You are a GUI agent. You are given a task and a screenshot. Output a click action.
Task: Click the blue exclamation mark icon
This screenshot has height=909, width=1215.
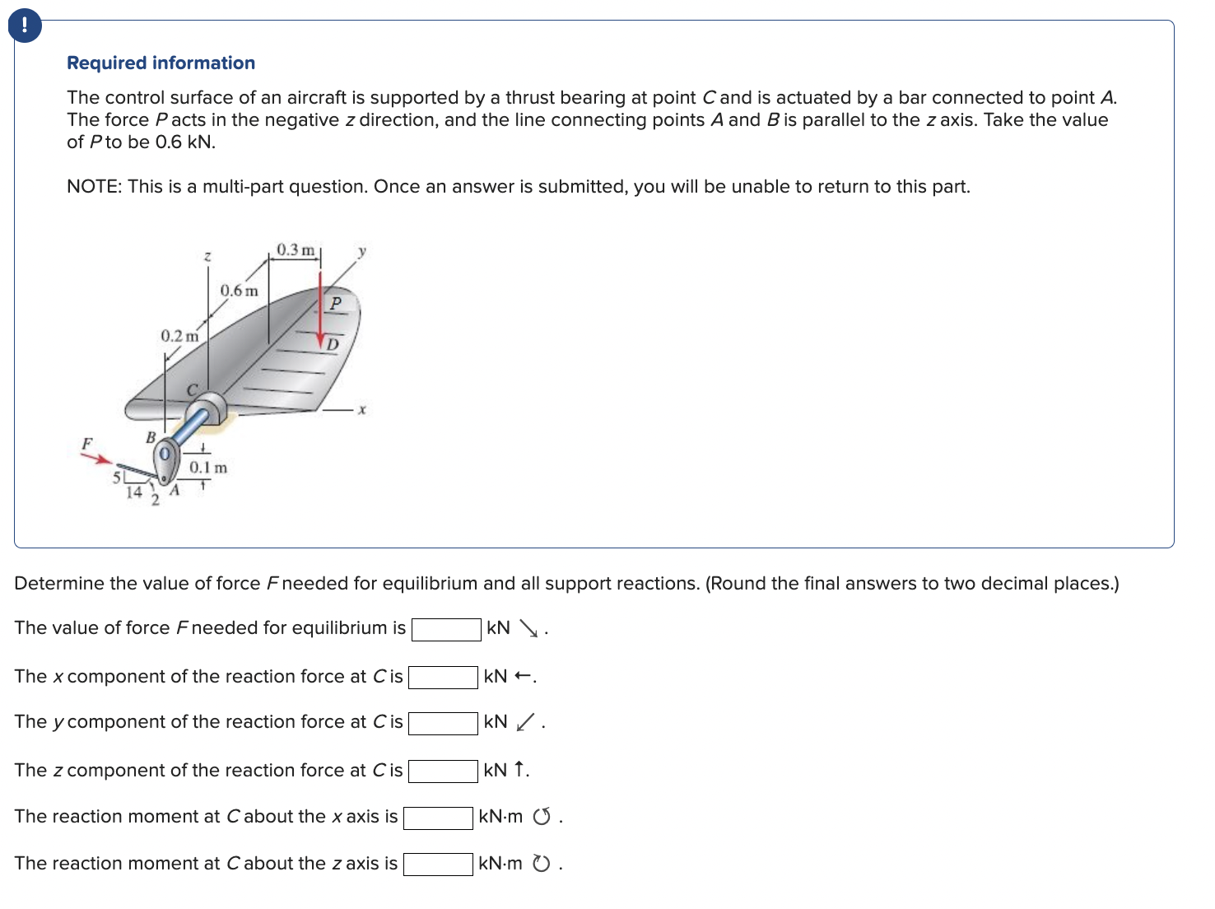point(25,26)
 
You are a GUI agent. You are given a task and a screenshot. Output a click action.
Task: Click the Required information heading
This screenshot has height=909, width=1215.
point(161,63)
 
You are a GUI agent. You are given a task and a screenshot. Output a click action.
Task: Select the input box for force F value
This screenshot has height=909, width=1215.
point(446,630)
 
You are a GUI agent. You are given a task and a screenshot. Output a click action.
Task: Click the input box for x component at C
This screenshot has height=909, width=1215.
point(443,678)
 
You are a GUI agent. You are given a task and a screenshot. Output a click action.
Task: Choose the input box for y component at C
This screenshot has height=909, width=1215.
point(443,724)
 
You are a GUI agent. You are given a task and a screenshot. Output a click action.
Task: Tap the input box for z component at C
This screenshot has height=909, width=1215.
point(443,771)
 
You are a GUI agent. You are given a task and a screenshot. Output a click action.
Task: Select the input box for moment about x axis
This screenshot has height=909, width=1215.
point(438,818)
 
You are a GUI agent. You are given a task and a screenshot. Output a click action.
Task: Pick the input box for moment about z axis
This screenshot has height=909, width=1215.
point(438,865)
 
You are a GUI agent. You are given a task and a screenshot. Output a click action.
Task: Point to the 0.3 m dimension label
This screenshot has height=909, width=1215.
point(296,249)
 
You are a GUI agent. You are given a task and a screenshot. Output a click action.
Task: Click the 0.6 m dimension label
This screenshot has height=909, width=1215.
point(239,291)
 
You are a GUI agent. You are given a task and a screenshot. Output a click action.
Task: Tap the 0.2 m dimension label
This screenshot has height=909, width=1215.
point(179,336)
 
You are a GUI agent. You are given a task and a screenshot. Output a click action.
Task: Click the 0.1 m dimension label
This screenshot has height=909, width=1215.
point(208,468)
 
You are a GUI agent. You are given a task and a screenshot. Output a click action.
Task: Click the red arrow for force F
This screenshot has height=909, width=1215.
point(100,458)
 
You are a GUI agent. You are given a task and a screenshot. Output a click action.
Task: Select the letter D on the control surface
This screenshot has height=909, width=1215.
point(332,344)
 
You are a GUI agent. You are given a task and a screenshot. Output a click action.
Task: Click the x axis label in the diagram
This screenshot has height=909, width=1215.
point(361,409)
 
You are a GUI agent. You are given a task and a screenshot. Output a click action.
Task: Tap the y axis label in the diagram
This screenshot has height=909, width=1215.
point(361,249)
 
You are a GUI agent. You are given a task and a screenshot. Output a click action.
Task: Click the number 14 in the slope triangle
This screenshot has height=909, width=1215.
point(133,492)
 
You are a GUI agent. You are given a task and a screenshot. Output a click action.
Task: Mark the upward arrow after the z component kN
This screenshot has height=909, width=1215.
point(519,770)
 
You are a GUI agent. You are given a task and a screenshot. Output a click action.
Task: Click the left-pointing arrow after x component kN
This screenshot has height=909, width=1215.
point(522,677)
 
